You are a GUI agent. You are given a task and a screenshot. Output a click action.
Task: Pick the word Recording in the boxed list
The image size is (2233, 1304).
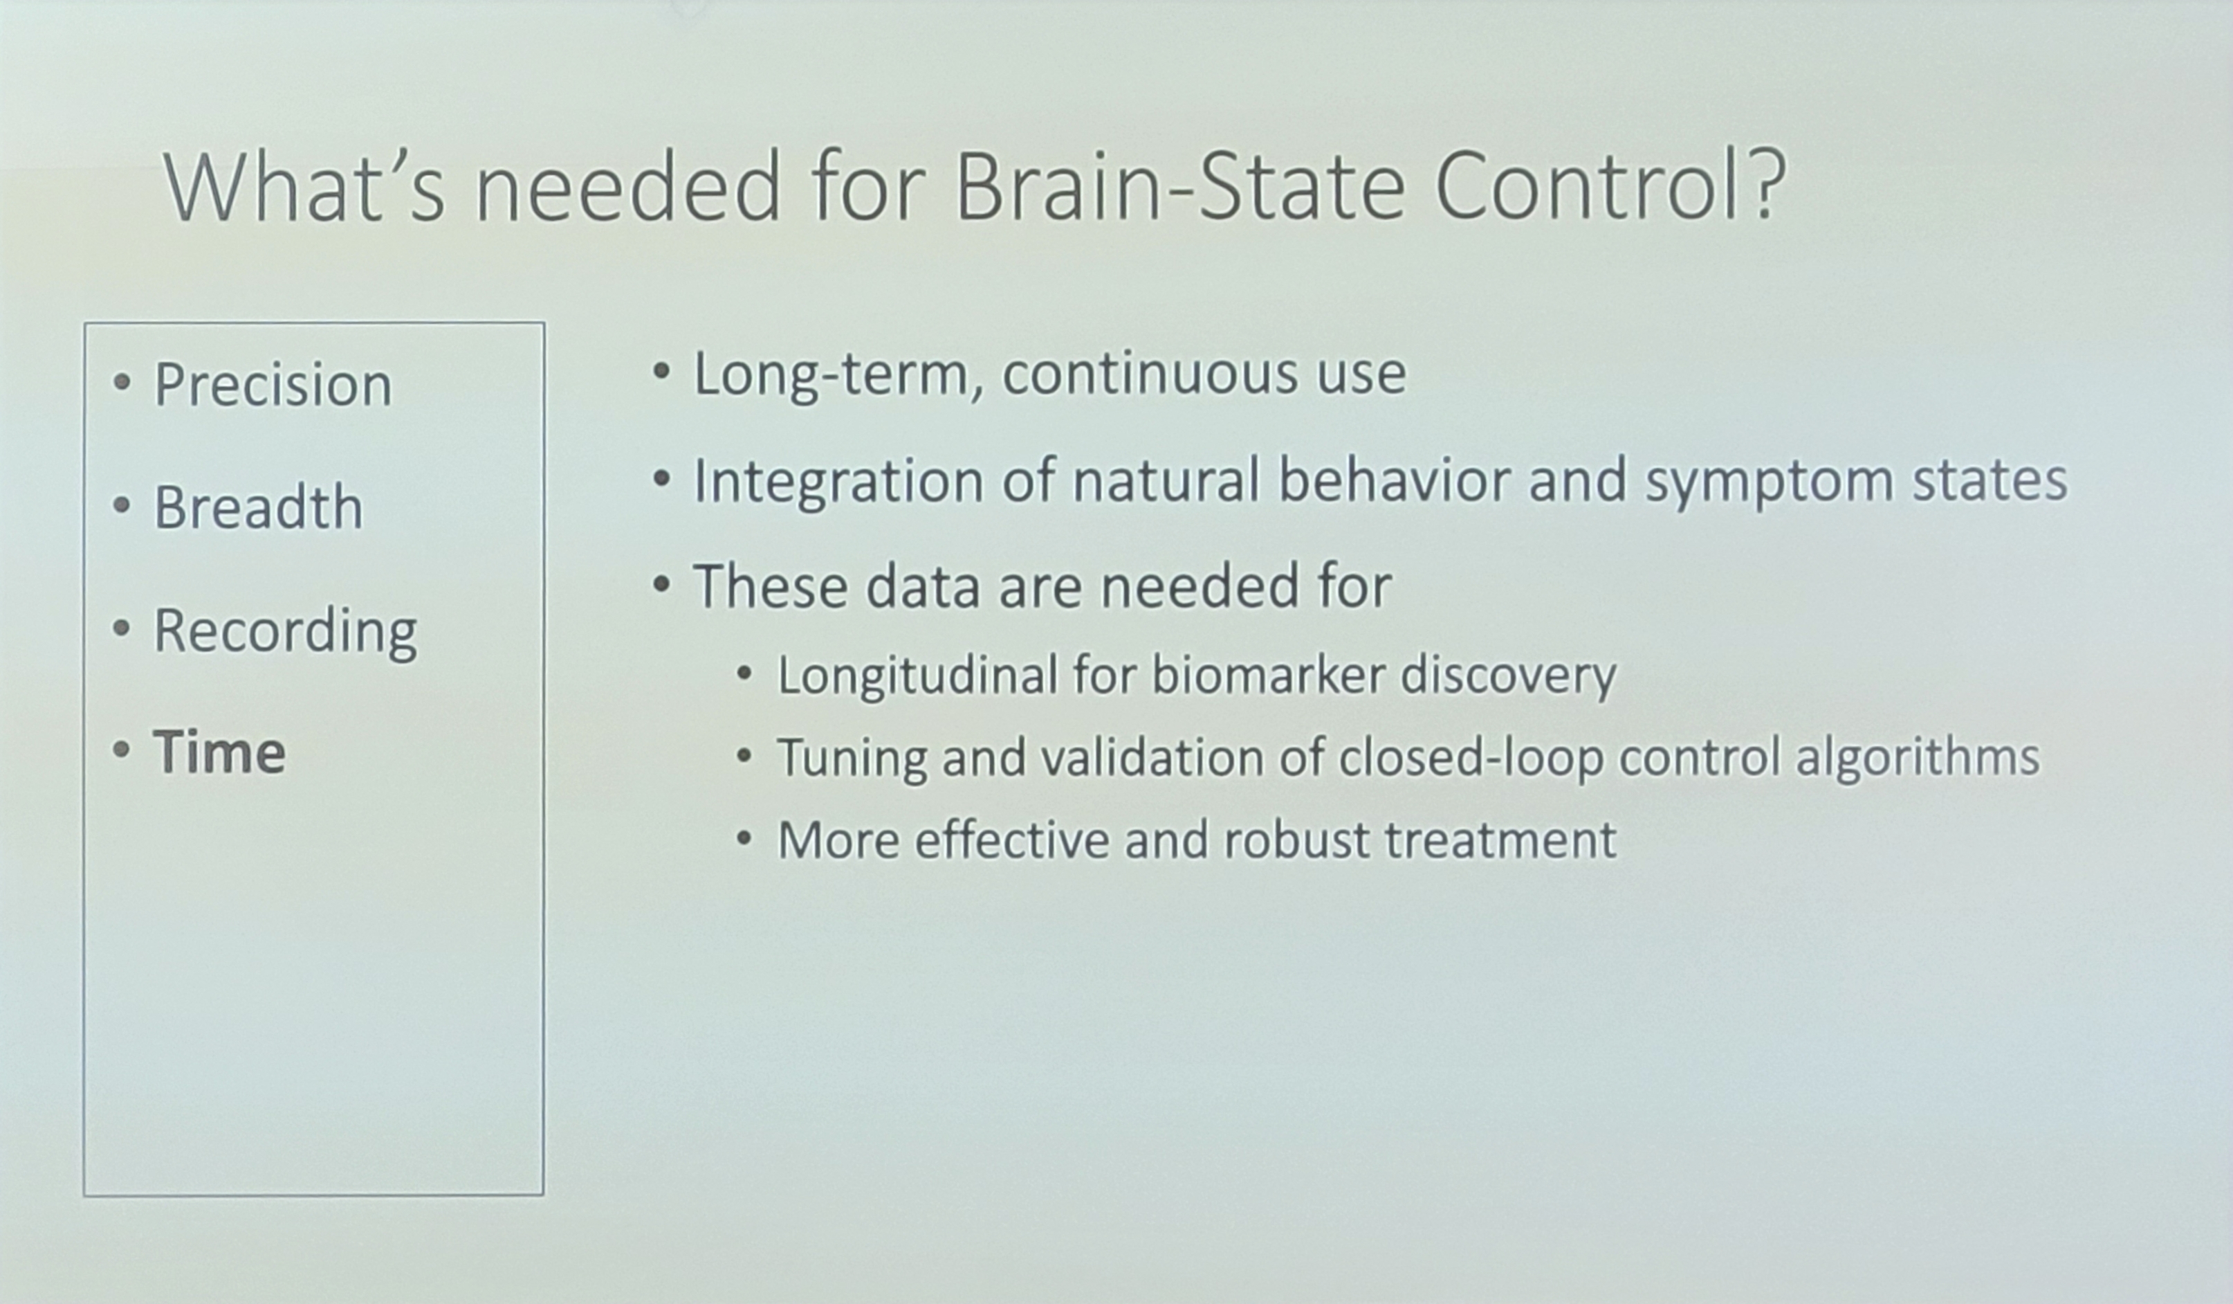click(285, 632)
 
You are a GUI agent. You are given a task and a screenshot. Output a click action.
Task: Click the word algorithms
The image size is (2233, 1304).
click(1918, 759)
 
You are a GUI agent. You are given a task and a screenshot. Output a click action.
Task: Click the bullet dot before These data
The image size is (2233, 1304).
click(661, 584)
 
